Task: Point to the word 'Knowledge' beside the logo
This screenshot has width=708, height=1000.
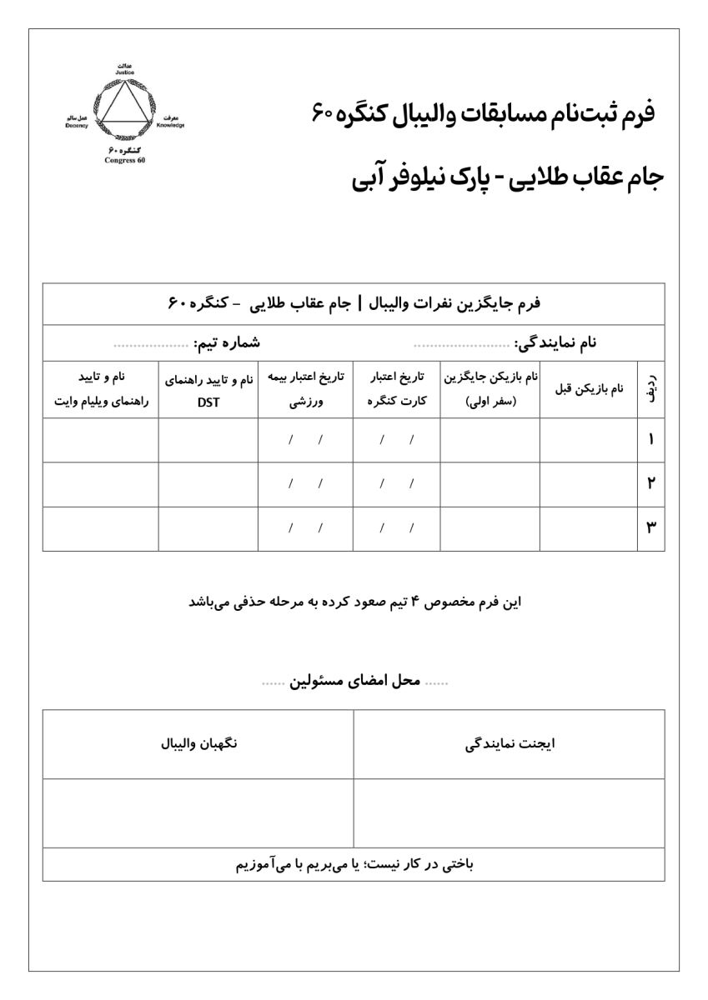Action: [x=170, y=125]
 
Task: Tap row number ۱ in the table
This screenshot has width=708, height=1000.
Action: [x=650, y=439]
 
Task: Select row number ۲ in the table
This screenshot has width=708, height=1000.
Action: [x=650, y=483]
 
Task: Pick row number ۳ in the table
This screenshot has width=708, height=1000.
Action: [x=650, y=527]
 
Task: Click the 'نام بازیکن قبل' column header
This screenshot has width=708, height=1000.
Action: [x=588, y=389]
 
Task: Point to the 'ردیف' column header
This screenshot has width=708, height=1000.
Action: [x=650, y=389]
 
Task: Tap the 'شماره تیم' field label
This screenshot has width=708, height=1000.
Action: [x=227, y=342]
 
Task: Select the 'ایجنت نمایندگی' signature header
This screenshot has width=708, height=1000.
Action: [x=510, y=744]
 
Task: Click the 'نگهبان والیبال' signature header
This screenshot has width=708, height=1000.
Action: [x=198, y=744]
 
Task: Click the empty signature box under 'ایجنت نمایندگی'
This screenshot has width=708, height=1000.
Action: [x=510, y=812]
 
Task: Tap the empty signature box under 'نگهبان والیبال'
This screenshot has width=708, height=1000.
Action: [x=198, y=812]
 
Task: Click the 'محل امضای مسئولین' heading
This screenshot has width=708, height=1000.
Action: [x=355, y=683]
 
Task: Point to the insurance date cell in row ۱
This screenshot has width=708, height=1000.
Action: [x=305, y=439]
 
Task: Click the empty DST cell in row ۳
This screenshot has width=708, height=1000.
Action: [x=208, y=527]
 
